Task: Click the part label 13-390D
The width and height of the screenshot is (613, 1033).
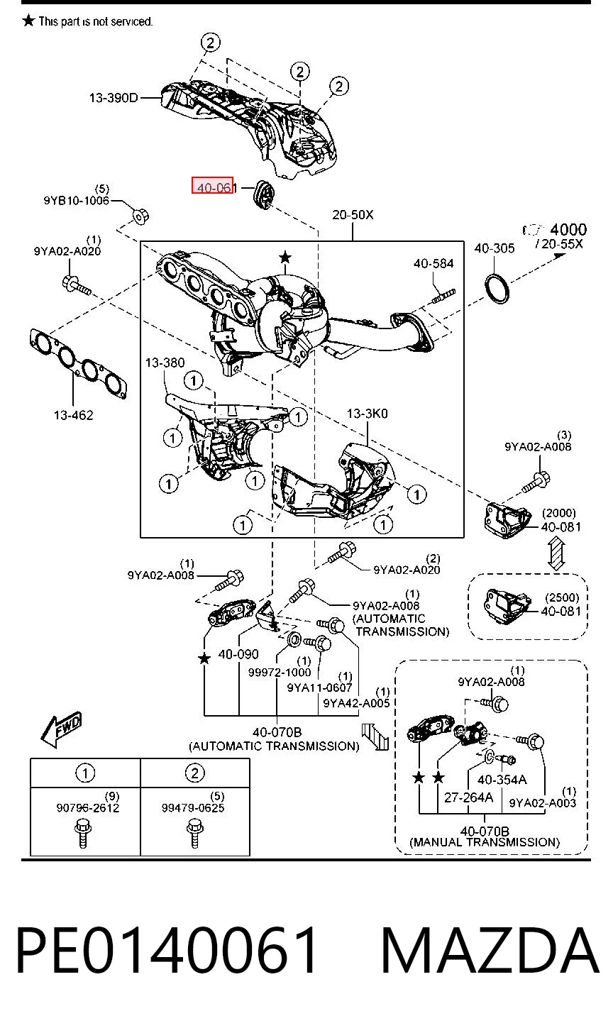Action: [x=114, y=98]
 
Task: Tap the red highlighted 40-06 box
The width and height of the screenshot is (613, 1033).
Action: [x=213, y=185]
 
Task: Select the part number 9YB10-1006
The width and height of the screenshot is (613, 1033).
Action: [x=77, y=201]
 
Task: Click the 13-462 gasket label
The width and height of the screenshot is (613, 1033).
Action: [x=73, y=415]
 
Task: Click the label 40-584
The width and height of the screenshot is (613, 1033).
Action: [x=433, y=263]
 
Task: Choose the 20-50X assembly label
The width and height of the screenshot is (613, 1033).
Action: [x=353, y=214]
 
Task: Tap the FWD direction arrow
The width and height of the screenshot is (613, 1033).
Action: [x=61, y=729]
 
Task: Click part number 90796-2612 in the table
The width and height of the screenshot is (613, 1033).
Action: [x=88, y=807]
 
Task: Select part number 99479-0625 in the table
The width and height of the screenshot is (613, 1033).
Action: [x=193, y=807]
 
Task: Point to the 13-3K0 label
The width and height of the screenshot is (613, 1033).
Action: [x=367, y=413]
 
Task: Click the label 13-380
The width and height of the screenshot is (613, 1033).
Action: [x=165, y=363]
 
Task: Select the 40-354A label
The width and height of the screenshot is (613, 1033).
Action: [x=502, y=779]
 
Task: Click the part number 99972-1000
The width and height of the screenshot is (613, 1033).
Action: [x=280, y=673]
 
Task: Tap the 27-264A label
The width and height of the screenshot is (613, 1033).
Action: [x=469, y=797]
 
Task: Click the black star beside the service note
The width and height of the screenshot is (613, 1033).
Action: [x=28, y=21]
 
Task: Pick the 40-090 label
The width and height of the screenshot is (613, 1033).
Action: [x=238, y=654]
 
